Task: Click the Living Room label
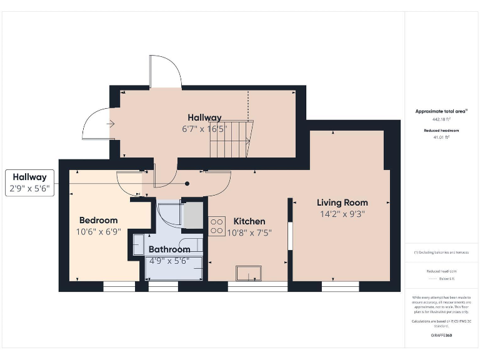(x=342, y=202)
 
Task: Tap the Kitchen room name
(x=249, y=221)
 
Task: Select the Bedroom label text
(x=98, y=220)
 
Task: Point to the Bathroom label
(x=169, y=249)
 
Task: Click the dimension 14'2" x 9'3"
(x=341, y=214)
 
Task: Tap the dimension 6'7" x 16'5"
(x=205, y=129)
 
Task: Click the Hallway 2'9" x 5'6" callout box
(x=30, y=182)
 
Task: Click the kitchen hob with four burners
(x=217, y=226)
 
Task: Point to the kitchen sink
(x=249, y=274)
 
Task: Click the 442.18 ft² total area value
(x=441, y=119)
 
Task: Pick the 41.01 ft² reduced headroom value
(x=441, y=136)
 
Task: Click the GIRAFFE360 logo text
(x=441, y=336)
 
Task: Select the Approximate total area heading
(x=441, y=111)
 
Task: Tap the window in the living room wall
(x=340, y=286)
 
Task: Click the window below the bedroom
(x=119, y=286)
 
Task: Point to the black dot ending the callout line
(x=186, y=184)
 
